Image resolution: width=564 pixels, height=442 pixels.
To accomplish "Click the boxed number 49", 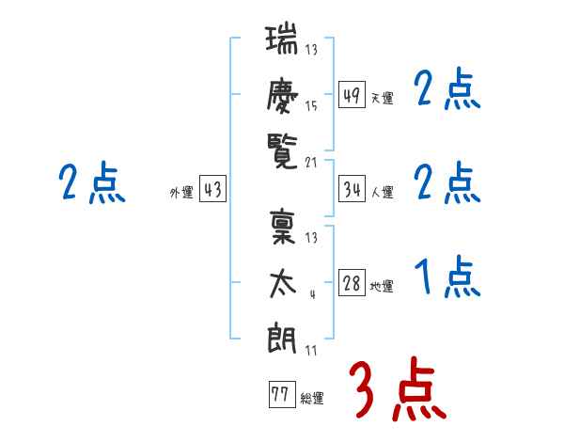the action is pyautogui.click(x=352, y=95).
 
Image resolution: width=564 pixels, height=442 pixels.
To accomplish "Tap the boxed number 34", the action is pyautogui.click(x=352, y=189).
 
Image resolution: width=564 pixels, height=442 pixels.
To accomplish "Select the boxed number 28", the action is pyautogui.click(x=352, y=284).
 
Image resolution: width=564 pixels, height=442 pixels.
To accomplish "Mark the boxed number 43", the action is pyautogui.click(x=213, y=189).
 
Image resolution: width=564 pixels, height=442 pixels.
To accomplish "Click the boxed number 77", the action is pyautogui.click(x=280, y=394).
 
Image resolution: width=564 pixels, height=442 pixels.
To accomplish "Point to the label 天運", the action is pyautogui.click(x=383, y=98).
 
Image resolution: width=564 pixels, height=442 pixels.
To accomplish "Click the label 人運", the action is pyautogui.click(x=383, y=192).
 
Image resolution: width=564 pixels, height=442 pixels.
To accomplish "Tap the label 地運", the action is pyautogui.click(x=383, y=287).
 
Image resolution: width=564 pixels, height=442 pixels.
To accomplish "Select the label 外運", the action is pyautogui.click(x=181, y=192).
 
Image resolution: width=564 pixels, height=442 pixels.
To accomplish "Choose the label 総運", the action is pyautogui.click(x=312, y=398).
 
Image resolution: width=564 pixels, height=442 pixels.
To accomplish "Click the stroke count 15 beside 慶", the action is pyautogui.click(x=311, y=106).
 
